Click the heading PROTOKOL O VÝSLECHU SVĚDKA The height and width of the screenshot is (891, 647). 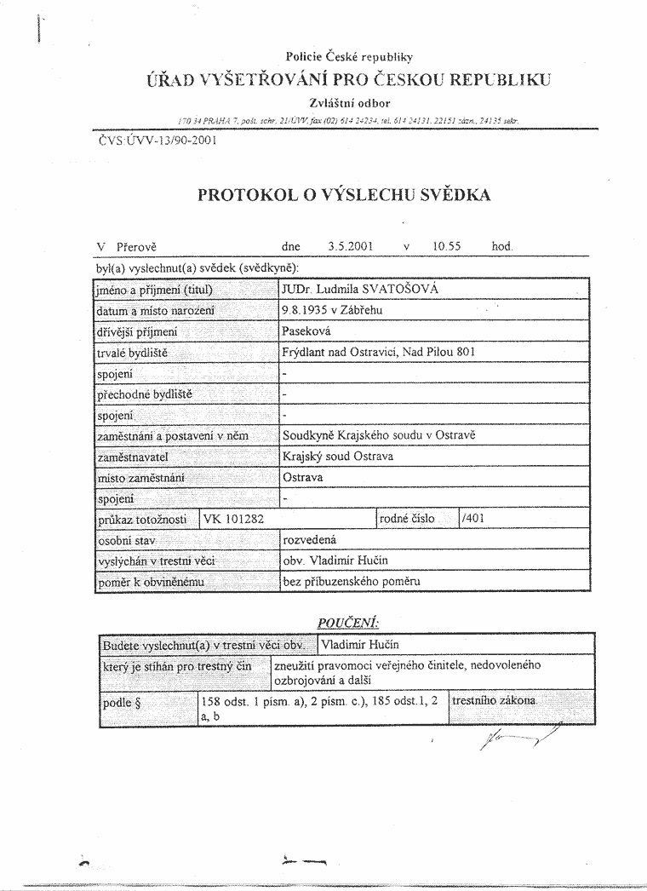click(344, 194)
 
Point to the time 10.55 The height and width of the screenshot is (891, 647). click(446, 246)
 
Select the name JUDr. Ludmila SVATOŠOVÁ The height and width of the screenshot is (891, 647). click(360, 290)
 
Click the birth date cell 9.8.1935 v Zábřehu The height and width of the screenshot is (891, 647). click(332, 311)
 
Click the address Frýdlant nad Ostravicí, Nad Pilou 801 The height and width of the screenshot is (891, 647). click(378, 352)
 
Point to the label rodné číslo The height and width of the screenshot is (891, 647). click(407, 519)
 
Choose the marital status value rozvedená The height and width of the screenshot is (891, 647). click(312, 540)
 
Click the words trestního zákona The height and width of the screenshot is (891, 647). click(494, 701)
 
